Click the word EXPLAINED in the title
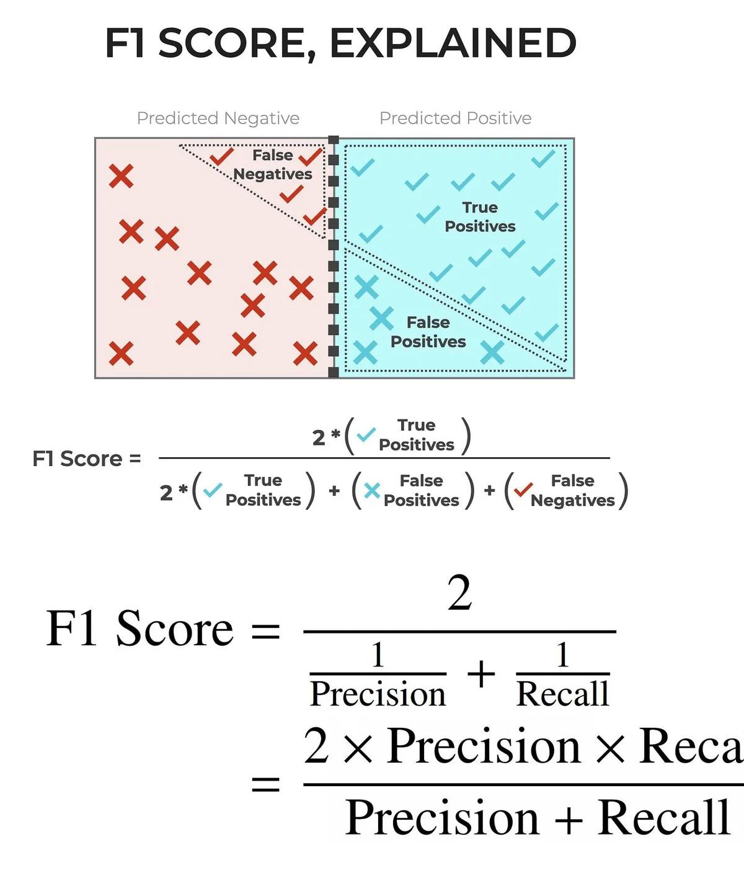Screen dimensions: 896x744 pos(453,43)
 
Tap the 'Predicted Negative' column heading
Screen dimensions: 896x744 pos(218,118)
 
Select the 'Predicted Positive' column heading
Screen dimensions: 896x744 pos(455,118)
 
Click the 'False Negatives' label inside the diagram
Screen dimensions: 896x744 pos(273,165)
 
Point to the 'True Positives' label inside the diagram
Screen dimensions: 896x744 pos(480,217)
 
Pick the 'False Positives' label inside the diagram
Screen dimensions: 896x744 pos(428,332)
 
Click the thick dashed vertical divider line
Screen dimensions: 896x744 pos(334,257)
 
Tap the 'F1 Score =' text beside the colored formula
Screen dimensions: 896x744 pos(87,459)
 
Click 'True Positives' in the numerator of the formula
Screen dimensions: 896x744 pos(416,435)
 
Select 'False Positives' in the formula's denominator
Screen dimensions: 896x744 pos(421,490)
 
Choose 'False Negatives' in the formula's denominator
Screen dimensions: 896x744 pos(572,490)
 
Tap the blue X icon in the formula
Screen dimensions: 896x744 pos(372,491)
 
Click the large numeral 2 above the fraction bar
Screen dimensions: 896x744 pos(459,593)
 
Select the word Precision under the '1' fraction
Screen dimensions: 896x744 pos(378,694)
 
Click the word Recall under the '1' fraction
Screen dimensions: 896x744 pos(562,694)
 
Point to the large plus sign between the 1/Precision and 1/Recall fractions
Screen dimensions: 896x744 pos(481,674)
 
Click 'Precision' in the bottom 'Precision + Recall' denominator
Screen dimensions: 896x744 pos(442,818)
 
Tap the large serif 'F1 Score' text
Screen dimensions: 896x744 pos(140,629)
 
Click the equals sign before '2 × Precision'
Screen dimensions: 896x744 pos(265,786)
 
